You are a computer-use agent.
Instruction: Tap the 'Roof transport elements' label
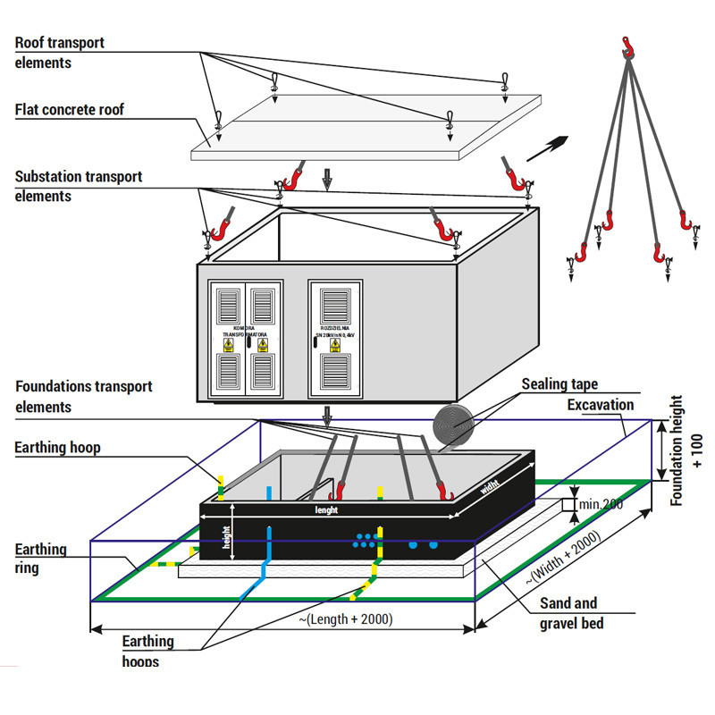pyautogui.click(x=59, y=53)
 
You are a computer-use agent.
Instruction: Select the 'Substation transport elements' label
pyautogui.click(x=79, y=186)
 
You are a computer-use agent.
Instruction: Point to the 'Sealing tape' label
pyautogui.click(x=559, y=384)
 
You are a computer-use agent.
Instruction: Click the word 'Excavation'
pyautogui.click(x=601, y=405)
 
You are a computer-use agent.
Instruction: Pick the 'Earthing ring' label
pyautogui.click(x=40, y=559)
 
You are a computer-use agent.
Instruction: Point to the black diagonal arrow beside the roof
pyautogui.click(x=547, y=147)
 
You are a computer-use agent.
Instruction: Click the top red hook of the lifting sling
pyautogui.click(x=629, y=46)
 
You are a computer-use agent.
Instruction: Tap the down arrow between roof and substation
pyautogui.click(x=327, y=181)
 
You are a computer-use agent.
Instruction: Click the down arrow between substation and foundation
pyautogui.click(x=327, y=414)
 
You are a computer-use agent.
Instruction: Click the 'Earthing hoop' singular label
pyautogui.click(x=57, y=447)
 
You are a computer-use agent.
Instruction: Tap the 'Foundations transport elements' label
pyautogui.click(x=84, y=396)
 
